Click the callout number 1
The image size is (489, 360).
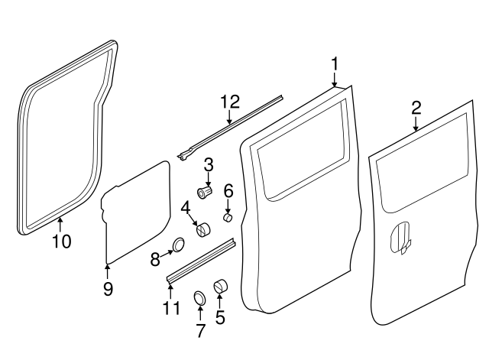point(334,62)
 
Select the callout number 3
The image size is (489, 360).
point(208,164)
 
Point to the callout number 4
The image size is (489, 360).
point(186,207)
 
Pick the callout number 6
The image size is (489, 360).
point(228,190)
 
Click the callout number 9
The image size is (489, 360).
point(108,288)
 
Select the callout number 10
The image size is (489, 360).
point(62,241)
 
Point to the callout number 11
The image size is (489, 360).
point(171,309)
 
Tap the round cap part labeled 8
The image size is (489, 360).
point(179,245)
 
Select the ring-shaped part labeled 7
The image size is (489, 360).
point(199,297)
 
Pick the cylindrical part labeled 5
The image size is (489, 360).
point(222,287)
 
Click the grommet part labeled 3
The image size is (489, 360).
point(205,192)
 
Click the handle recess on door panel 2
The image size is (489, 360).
point(401,236)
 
